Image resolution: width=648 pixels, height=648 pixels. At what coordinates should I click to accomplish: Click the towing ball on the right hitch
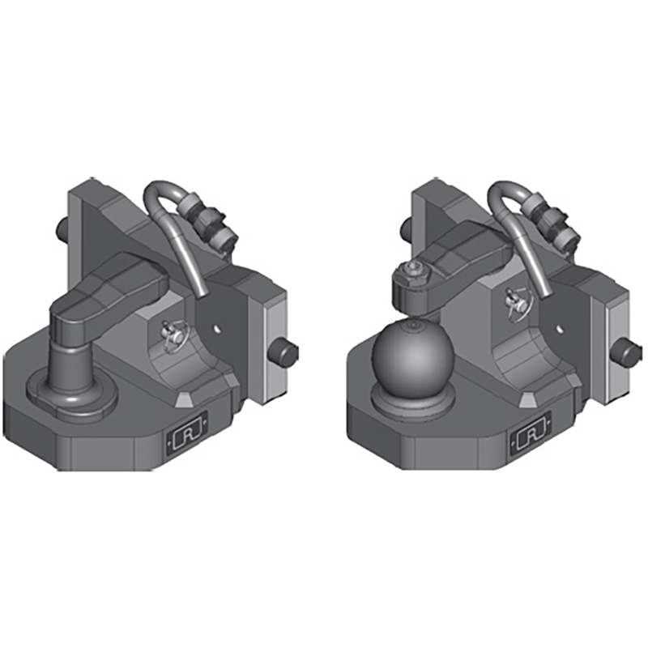410,355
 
